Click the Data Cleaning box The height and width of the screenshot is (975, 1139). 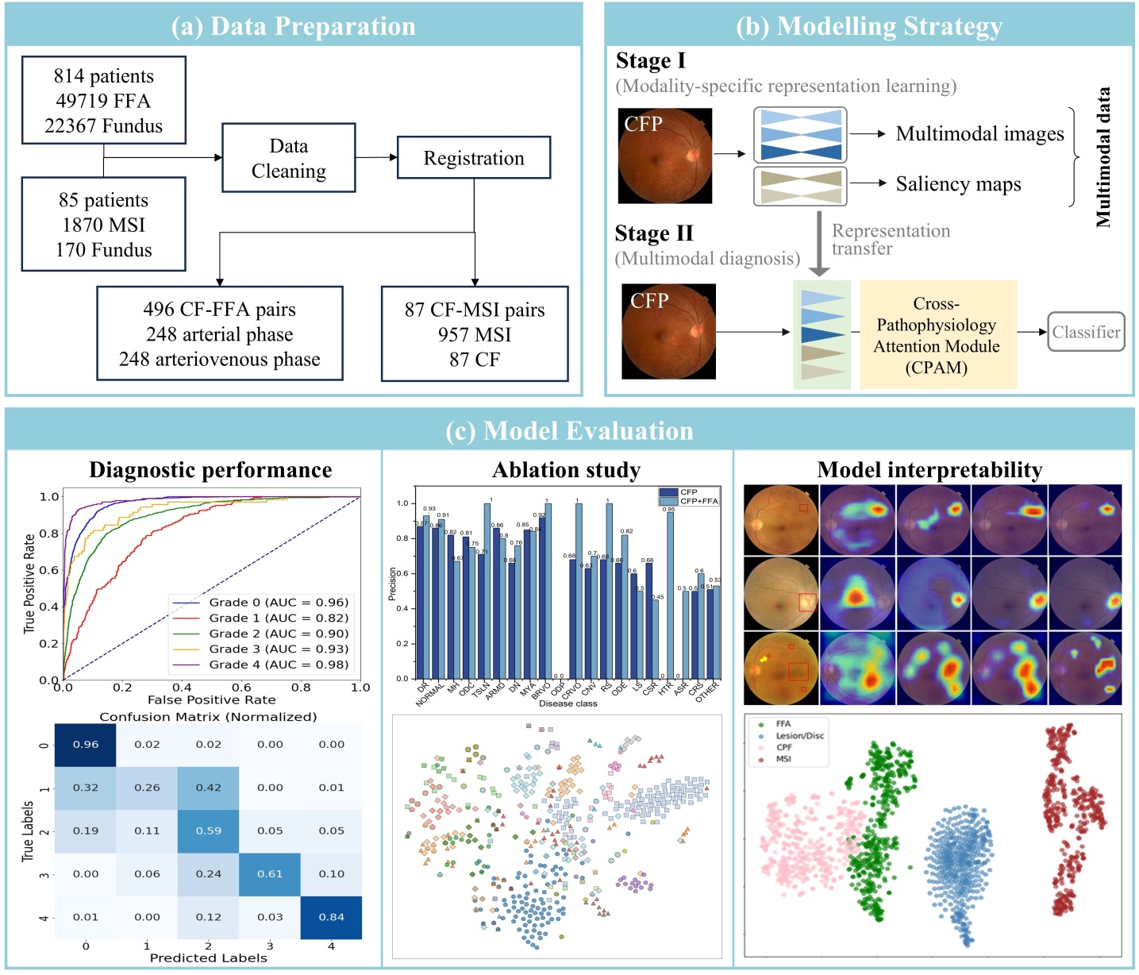288,158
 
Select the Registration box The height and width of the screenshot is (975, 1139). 473,158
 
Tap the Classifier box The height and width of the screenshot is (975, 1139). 1086,332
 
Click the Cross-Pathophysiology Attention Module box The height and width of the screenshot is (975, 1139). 937,334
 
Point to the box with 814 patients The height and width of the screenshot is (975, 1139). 103,100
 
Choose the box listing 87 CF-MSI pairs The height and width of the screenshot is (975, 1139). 475,334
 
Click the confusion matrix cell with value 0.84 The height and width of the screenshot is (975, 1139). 331,917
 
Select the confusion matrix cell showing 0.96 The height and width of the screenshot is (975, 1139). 85,745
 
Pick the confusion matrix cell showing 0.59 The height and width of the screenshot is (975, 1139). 208,830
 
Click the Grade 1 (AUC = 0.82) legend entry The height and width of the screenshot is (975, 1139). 278,618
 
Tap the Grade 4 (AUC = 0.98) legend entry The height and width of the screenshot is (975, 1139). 278,665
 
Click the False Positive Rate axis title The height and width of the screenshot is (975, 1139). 211,700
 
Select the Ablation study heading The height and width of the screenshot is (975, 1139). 566,470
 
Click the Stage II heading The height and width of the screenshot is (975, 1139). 654,233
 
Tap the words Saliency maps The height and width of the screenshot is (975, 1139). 958,184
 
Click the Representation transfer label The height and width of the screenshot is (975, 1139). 890,239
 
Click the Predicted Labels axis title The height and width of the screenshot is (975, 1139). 208,958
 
